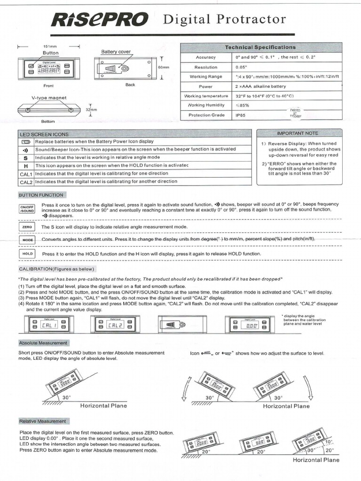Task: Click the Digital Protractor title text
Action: click(224, 19)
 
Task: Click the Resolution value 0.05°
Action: click(242, 67)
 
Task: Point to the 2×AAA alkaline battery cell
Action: click(260, 86)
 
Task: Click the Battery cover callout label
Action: click(116, 52)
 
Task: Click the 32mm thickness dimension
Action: click(91, 110)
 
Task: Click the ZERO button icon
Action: click(27, 227)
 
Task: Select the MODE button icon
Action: click(27, 240)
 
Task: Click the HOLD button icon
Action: click(27, 254)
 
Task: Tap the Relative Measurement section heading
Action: click(43, 421)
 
